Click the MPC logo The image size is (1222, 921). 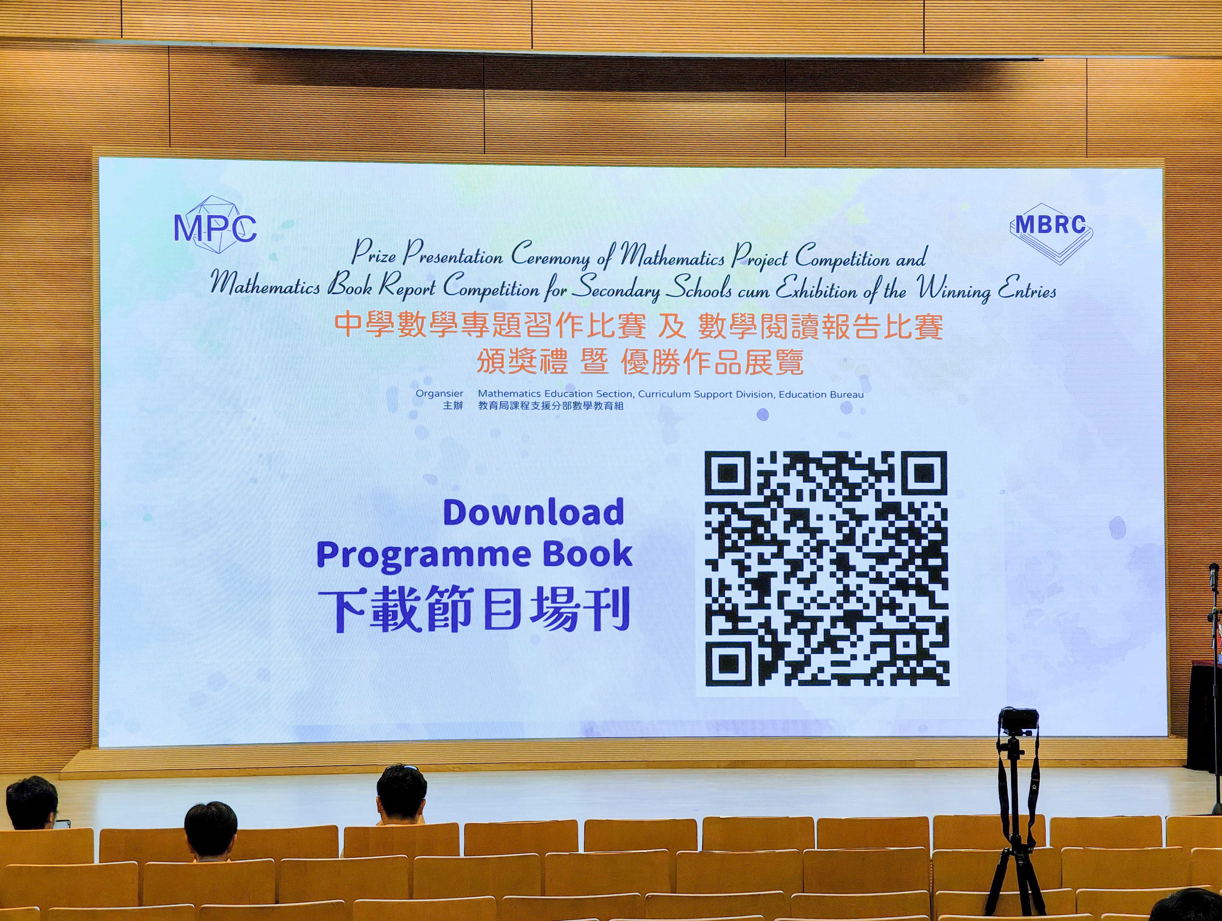pyautogui.click(x=215, y=225)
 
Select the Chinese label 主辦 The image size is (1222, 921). pyautogui.click(x=453, y=406)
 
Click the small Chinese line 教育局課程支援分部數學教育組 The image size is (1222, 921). pyautogui.click(x=551, y=406)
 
